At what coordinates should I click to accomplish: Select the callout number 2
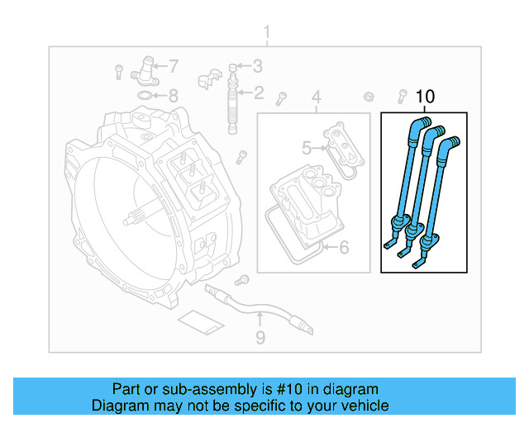point(258,93)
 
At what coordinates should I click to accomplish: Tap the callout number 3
point(258,66)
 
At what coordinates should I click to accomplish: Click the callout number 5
point(307,149)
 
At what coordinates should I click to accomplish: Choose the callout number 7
point(174,65)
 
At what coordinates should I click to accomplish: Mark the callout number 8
point(173,95)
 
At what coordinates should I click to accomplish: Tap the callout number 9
point(260,336)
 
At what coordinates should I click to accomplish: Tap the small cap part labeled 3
point(234,66)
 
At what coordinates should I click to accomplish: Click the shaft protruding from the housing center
point(135,219)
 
